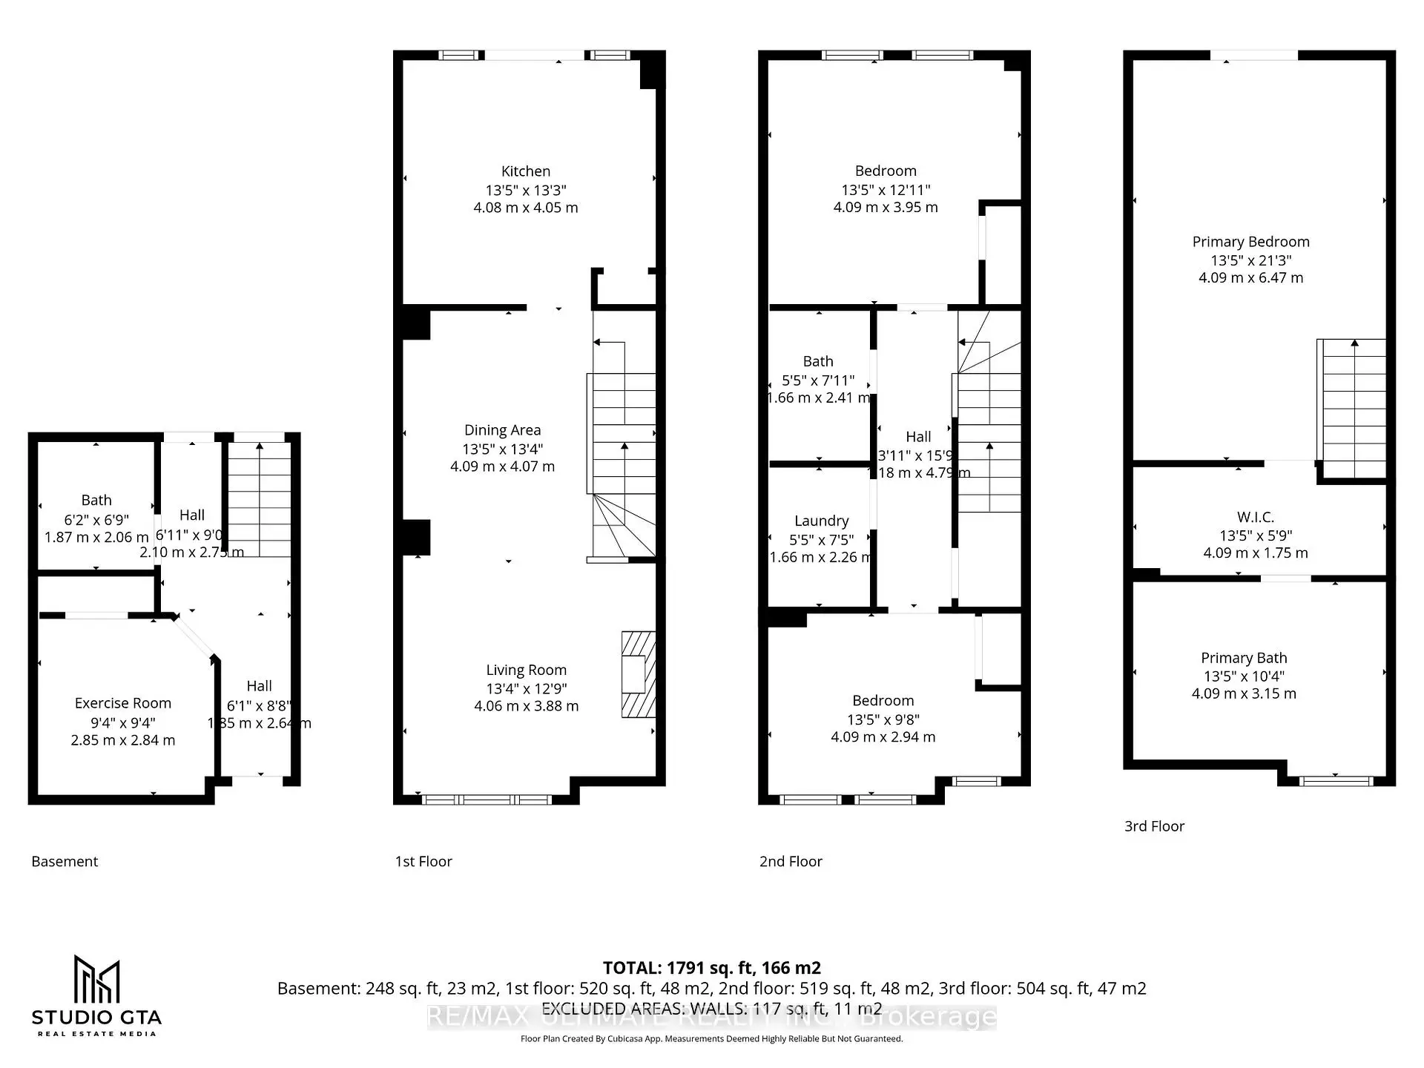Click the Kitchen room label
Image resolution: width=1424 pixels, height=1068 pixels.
pyautogui.click(x=525, y=171)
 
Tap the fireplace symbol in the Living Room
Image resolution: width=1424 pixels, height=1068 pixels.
pyautogui.click(x=638, y=674)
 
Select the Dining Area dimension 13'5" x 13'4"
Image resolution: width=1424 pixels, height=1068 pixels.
pyautogui.click(x=502, y=449)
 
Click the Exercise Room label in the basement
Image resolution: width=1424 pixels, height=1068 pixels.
pyautogui.click(x=123, y=703)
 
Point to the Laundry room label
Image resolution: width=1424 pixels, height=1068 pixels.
pyautogui.click(x=821, y=521)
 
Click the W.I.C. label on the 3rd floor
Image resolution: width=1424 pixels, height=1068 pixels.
pyautogui.click(x=1255, y=517)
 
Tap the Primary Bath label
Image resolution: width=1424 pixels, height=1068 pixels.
pyautogui.click(x=1244, y=658)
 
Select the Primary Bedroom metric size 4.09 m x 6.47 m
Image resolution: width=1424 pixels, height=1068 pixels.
pyautogui.click(x=1250, y=277)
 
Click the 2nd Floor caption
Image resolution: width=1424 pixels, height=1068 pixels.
pyautogui.click(x=791, y=861)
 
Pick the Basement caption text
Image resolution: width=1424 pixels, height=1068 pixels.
pyautogui.click(x=65, y=861)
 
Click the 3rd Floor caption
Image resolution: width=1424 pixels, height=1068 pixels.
pyautogui.click(x=1154, y=825)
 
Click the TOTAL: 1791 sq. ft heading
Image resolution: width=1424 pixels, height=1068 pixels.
pyautogui.click(x=711, y=968)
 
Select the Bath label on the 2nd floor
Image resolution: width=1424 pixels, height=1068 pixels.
pyautogui.click(x=818, y=361)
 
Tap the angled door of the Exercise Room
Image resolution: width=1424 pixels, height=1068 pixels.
pyautogui.click(x=194, y=637)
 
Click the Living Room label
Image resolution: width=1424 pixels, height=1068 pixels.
pyautogui.click(x=526, y=670)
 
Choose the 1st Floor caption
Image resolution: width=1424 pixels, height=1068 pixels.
pyautogui.click(x=423, y=861)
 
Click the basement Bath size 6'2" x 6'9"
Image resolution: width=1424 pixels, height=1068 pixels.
pyautogui.click(x=96, y=520)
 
